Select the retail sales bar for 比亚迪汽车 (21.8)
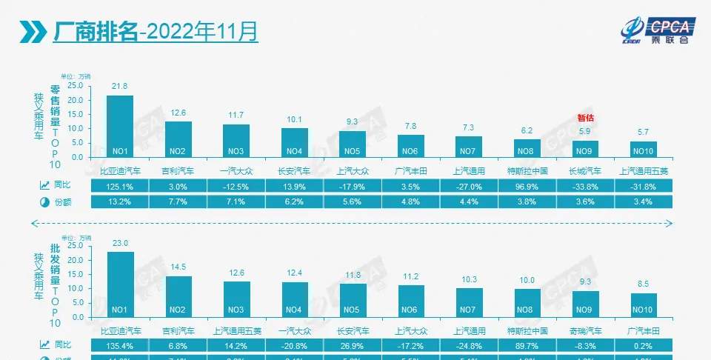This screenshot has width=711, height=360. [x=120, y=126]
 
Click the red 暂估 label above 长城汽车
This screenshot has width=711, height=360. [x=586, y=118]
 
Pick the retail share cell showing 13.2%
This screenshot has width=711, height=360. [x=120, y=201]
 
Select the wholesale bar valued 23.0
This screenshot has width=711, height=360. [x=121, y=284]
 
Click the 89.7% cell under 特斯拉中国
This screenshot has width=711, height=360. [x=527, y=345]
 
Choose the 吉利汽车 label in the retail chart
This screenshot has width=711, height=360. [x=178, y=170]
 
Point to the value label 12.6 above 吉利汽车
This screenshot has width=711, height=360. [x=178, y=113]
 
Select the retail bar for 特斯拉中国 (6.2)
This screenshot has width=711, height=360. [x=527, y=148]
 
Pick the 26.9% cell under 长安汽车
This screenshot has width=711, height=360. [x=353, y=345]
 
